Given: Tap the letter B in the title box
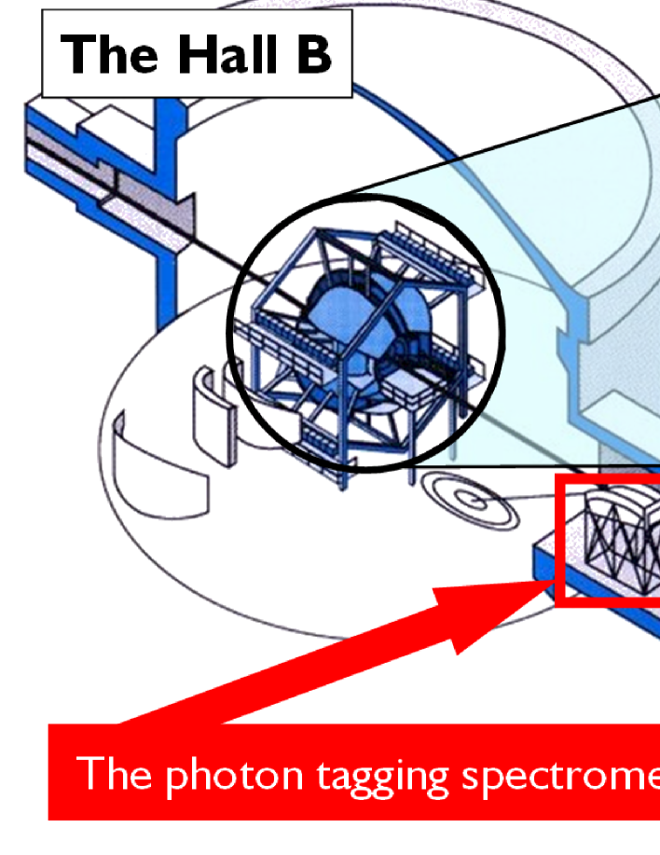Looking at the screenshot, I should point(311,54).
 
